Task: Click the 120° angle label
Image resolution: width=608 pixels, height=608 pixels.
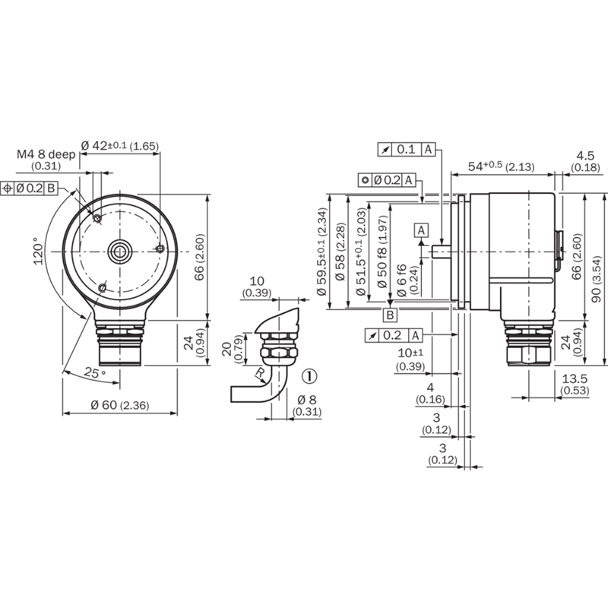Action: (x=39, y=252)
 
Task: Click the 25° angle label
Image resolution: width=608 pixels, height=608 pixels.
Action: (x=95, y=373)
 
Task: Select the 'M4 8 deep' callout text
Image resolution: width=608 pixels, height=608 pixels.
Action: (x=46, y=154)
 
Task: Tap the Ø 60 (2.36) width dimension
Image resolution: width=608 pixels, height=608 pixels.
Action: (x=120, y=405)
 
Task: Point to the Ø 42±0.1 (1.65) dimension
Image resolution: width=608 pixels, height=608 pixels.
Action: (x=120, y=146)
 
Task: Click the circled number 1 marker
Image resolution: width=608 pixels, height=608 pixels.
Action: (x=309, y=376)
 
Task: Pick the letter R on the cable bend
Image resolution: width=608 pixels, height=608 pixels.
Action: (x=259, y=372)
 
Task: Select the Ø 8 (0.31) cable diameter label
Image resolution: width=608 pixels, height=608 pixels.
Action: (x=307, y=405)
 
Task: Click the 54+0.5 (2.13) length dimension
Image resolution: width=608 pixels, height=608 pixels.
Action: (x=502, y=166)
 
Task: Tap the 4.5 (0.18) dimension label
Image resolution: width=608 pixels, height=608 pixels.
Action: (x=585, y=161)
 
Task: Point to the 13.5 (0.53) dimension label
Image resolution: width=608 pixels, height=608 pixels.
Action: (x=575, y=384)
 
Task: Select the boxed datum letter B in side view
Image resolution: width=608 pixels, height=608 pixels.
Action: (x=391, y=315)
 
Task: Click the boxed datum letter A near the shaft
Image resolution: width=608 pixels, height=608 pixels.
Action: (x=422, y=230)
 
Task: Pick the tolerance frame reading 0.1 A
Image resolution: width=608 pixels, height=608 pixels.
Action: (x=407, y=149)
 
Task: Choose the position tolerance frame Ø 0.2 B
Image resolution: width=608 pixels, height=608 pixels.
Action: (x=29, y=188)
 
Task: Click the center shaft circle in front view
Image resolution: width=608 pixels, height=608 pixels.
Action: (x=120, y=252)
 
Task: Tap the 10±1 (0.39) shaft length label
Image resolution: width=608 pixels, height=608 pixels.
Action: (x=411, y=359)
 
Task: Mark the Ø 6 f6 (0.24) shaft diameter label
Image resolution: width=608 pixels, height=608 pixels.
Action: (x=407, y=280)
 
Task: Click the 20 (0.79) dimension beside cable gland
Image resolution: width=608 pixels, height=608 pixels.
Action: (x=233, y=349)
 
